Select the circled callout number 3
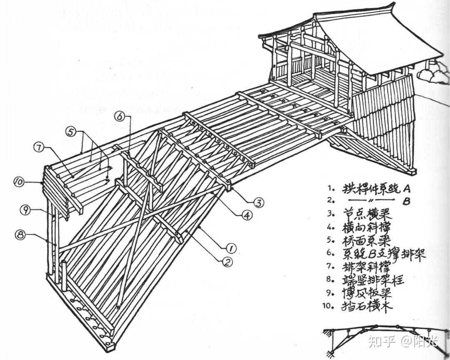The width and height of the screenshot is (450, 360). point(258,203)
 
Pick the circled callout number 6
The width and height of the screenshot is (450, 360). point(120,117)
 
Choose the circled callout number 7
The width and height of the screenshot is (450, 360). point(38,147)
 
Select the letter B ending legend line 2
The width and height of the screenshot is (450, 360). point(407,202)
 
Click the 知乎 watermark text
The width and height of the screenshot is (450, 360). point(380,342)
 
